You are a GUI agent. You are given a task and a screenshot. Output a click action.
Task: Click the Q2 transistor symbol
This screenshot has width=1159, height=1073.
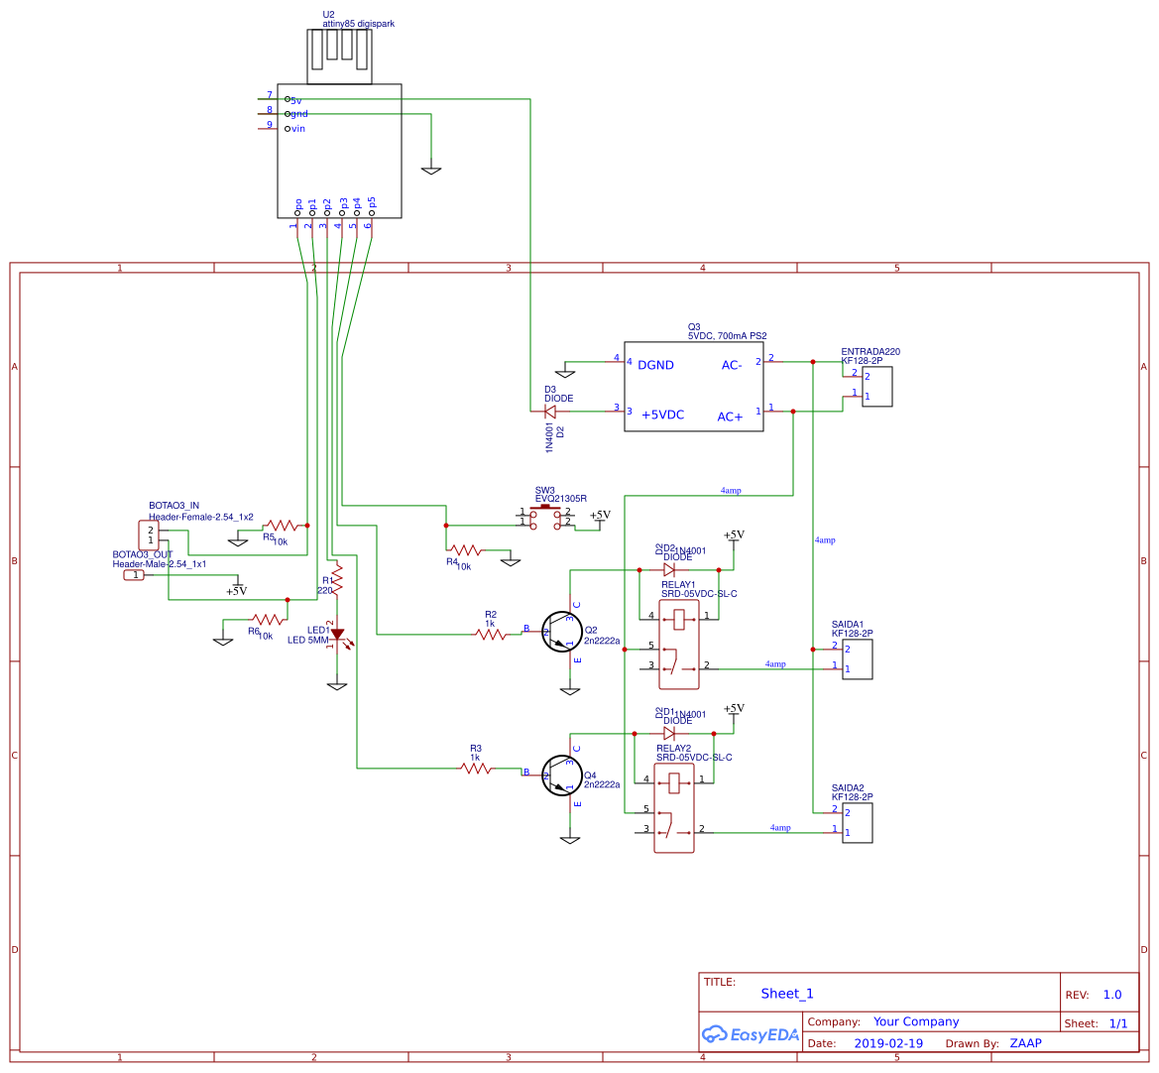pyautogui.click(x=561, y=632)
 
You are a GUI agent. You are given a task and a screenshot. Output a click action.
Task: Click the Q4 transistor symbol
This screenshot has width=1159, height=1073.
pyautogui.click(x=561, y=775)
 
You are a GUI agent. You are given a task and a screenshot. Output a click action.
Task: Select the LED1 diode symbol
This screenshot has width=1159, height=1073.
pyautogui.click(x=337, y=633)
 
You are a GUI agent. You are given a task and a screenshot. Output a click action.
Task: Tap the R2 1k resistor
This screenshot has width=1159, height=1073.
pyautogui.click(x=491, y=633)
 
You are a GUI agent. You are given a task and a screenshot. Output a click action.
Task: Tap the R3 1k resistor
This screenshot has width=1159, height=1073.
pyautogui.click(x=476, y=768)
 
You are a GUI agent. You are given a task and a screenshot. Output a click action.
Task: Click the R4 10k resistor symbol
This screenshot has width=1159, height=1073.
pyautogui.click(x=465, y=549)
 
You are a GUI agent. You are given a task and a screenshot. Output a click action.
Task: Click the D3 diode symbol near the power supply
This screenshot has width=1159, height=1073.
pyautogui.click(x=550, y=411)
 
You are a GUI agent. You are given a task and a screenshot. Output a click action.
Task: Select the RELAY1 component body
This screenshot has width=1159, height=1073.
pyautogui.click(x=679, y=644)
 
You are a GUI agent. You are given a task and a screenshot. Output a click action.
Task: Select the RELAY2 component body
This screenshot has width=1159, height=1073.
pyautogui.click(x=674, y=807)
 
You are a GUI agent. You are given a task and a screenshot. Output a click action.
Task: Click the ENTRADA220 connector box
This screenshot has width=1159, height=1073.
pyautogui.click(x=876, y=386)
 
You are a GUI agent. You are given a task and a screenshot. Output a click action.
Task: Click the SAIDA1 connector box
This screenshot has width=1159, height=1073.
pyautogui.click(x=857, y=658)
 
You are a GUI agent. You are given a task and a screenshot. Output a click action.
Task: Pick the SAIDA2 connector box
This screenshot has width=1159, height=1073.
pyautogui.click(x=857, y=822)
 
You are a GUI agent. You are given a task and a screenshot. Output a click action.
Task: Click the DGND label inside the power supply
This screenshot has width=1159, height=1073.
pyautogui.click(x=655, y=365)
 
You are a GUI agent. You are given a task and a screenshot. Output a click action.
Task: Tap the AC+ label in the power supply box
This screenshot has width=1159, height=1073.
pyautogui.click(x=730, y=417)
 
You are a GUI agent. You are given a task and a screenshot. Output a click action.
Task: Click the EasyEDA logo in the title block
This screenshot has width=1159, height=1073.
pyautogui.click(x=751, y=1034)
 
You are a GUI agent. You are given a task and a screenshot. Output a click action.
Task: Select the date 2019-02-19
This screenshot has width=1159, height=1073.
pyautogui.click(x=887, y=1043)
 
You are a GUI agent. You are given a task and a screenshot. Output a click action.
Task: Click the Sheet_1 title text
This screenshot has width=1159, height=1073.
pyautogui.click(x=786, y=994)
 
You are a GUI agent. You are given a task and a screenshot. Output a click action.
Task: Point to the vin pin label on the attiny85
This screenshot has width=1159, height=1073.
pyautogui.click(x=297, y=129)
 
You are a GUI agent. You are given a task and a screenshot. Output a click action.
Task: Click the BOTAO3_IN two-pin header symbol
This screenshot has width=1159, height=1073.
pyautogui.click(x=149, y=535)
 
